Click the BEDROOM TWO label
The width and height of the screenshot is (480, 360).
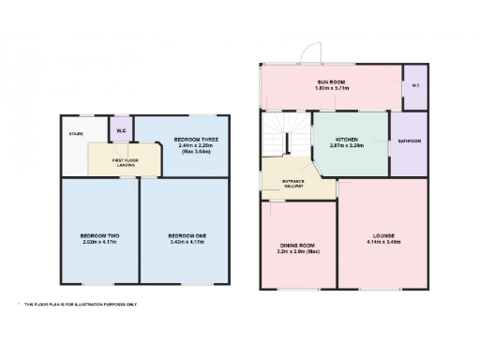(x=99, y=234)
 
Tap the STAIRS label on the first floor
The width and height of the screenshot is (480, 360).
(x=76, y=134)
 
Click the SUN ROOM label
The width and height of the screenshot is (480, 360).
(x=330, y=82)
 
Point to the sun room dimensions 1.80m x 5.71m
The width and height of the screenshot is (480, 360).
(x=330, y=89)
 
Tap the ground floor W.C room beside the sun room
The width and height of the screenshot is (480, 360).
(x=414, y=87)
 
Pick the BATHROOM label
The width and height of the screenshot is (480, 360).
(x=409, y=142)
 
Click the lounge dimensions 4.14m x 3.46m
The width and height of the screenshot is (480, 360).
(x=384, y=243)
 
